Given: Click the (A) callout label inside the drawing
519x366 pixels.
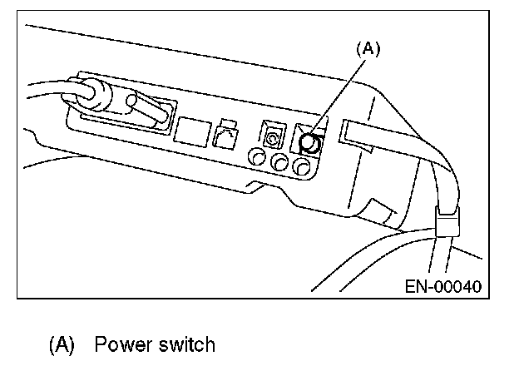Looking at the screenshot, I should point(368,50).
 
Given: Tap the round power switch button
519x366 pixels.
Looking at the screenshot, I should point(309,143).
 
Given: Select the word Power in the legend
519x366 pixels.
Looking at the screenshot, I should point(118,344).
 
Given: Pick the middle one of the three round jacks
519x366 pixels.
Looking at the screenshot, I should point(280,162).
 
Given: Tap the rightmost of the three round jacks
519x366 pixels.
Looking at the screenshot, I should point(304,168).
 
